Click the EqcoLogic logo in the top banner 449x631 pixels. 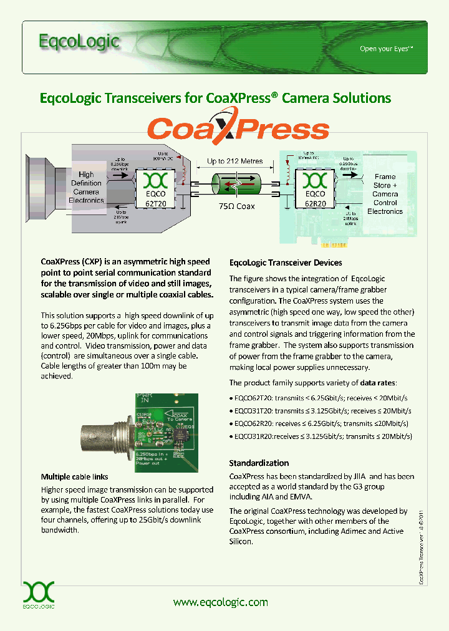(x=79, y=42)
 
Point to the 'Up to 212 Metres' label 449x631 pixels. (x=234, y=161)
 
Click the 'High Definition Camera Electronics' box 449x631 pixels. (x=87, y=188)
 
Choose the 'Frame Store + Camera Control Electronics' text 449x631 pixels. (x=385, y=194)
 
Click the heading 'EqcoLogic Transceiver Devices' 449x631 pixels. (x=286, y=263)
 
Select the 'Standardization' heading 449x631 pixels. (x=259, y=463)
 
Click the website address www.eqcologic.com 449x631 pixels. (x=220, y=602)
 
